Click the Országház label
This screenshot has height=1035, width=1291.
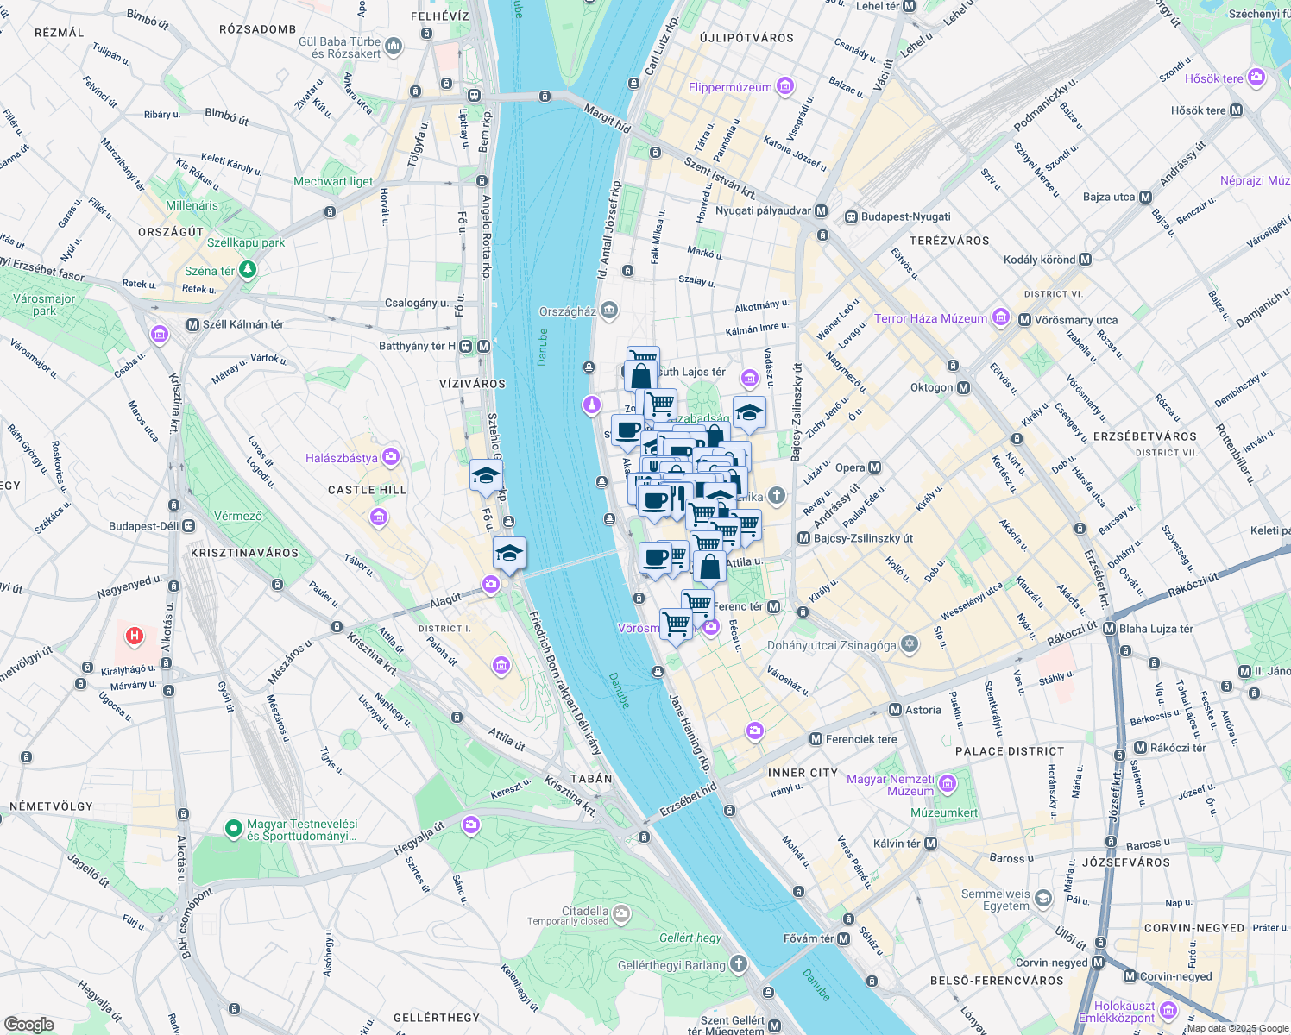pos(567,311)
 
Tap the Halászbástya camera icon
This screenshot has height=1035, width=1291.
pos(391,457)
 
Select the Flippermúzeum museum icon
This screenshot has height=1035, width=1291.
pos(784,86)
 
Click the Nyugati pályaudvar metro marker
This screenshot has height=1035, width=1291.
pos(821,211)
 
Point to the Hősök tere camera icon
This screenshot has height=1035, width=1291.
pos(1256,78)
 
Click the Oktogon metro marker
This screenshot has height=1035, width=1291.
pos(964,388)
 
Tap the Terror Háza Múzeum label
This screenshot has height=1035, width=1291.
pos(930,318)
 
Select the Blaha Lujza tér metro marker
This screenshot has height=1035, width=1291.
pos(1110,629)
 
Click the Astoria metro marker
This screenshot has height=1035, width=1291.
pos(896,710)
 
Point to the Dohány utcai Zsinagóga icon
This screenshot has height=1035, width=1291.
pos(909,644)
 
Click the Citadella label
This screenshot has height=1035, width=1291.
pos(584,911)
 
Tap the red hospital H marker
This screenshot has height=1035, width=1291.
pos(134,637)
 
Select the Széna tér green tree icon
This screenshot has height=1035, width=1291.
pos(248,270)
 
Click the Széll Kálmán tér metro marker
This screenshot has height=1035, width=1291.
pos(192,324)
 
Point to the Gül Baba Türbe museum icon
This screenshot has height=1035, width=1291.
pos(394,45)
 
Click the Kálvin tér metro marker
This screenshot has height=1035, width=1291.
pos(930,844)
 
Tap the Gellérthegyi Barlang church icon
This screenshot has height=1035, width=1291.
pos(738,964)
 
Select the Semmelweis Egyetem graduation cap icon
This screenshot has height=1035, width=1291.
pos(1043,900)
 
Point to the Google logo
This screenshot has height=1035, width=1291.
pos(29,1025)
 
